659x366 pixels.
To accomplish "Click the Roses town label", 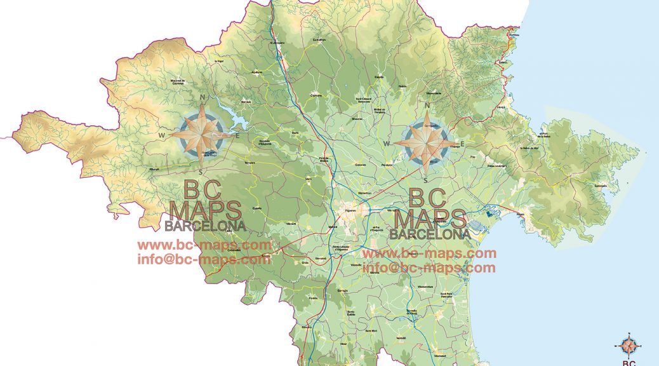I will (521, 214).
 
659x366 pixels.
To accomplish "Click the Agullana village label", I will (257, 72).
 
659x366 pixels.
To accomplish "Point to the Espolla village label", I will (379, 77).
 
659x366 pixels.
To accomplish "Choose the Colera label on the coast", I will (503, 62).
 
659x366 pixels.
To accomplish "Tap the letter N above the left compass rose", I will (203, 97).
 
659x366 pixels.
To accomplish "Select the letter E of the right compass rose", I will (463, 144).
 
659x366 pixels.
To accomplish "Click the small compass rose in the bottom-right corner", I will (629, 346).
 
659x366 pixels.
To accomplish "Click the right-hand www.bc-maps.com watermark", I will (429, 254).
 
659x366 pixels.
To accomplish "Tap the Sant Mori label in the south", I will (371, 331).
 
